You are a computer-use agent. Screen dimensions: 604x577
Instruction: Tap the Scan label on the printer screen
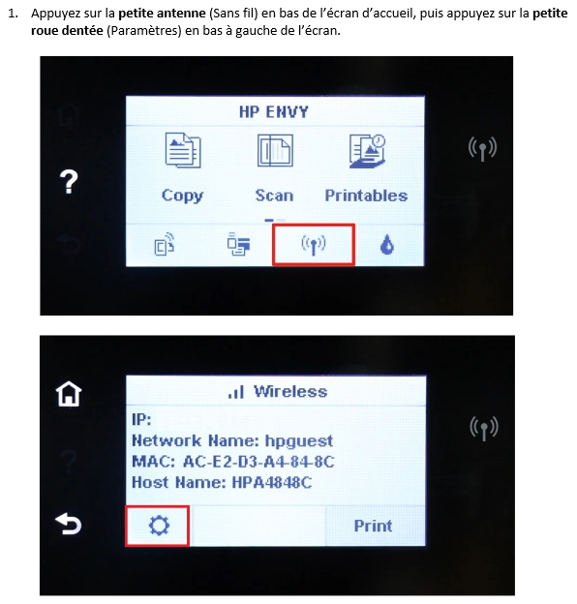pos(274,196)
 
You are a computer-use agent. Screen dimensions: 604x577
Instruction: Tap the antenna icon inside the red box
pos(313,244)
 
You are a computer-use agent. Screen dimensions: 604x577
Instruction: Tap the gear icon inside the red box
pos(157,525)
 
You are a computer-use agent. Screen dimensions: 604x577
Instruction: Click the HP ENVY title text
pos(274,111)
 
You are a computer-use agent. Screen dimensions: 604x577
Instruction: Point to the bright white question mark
pos(70,182)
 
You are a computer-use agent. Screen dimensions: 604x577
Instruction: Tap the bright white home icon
pos(70,394)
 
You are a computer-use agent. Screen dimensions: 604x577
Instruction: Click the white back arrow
pos(70,524)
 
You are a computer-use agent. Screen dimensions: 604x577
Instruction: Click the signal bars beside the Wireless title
pos(235,393)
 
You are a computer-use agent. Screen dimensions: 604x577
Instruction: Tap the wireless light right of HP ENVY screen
pos(482,148)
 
